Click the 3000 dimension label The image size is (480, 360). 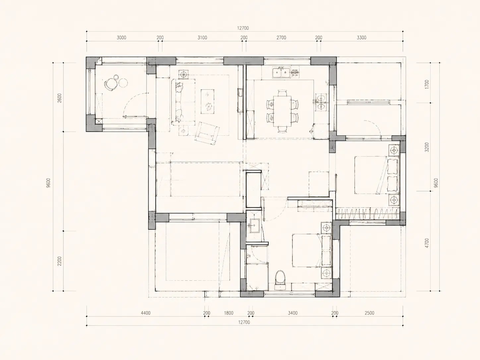point(121,37)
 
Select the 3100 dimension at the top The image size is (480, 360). point(202,37)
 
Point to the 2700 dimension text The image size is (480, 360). point(281,37)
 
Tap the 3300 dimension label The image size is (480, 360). point(361,37)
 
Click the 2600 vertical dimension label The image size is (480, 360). point(59,98)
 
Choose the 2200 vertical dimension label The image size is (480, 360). point(59,261)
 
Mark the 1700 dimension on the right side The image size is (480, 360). point(427,85)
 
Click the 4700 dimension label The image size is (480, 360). point(427,243)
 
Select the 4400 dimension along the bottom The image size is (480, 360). point(146,313)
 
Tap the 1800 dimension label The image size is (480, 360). point(229,313)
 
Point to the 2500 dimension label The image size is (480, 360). point(370,313)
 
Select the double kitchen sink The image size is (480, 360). point(281,73)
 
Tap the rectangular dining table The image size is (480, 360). point(282,111)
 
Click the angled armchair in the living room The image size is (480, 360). point(207,133)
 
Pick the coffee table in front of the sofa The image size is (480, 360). point(208,101)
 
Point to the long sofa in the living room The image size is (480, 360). point(179,102)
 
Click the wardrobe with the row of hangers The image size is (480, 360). point(367,213)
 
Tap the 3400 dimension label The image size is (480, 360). point(293,313)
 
